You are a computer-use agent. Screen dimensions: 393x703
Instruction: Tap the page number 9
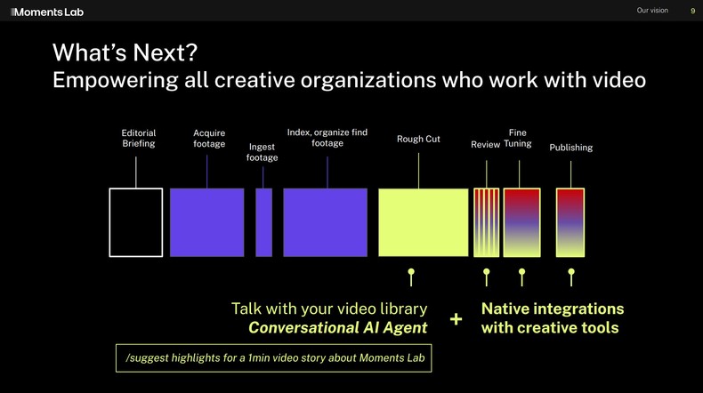click(693, 11)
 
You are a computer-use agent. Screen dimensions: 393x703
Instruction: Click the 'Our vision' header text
click(652, 11)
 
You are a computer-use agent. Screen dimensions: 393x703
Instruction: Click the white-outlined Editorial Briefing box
click(136, 222)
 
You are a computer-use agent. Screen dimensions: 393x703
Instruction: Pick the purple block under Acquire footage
click(206, 222)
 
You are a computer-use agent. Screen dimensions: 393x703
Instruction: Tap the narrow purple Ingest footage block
click(264, 222)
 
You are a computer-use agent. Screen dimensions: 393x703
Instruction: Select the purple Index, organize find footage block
click(325, 222)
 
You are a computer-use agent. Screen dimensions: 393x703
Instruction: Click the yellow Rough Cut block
click(423, 222)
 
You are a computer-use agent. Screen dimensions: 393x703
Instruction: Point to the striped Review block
click(486, 222)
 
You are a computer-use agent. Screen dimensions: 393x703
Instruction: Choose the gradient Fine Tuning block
click(521, 222)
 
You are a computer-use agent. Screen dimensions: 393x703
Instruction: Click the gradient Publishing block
click(570, 222)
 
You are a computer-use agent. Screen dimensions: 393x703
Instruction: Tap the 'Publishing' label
click(570, 148)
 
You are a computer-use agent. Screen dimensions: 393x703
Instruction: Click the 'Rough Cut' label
click(418, 139)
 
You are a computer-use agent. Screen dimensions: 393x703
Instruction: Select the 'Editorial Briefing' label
click(138, 139)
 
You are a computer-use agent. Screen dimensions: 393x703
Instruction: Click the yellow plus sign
click(456, 319)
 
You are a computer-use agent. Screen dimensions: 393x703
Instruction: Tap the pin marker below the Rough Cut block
click(410, 276)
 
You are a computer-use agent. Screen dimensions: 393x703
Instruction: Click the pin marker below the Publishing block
click(570, 276)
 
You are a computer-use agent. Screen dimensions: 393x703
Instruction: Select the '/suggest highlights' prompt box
click(273, 357)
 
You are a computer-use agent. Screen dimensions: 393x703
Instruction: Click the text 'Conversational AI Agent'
click(337, 328)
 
